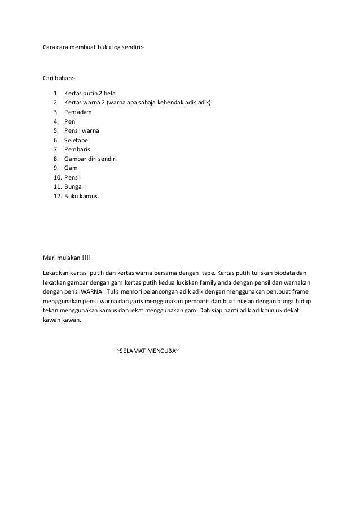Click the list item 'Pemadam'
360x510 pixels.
[x=78, y=112]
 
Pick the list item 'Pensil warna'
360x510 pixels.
[x=82, y=130]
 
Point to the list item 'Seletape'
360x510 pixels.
[x=76, y=140]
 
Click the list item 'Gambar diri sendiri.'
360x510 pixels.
[x=91, y=159]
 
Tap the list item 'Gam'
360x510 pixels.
[x=71, y=168]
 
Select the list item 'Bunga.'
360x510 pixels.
[x=74, y=187]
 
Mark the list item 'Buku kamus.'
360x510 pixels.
[x=81, y=197]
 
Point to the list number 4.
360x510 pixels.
[x=56, y=121]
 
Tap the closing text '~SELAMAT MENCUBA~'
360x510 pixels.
[x=148, y=351]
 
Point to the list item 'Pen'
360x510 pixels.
[x=69, y=121]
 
